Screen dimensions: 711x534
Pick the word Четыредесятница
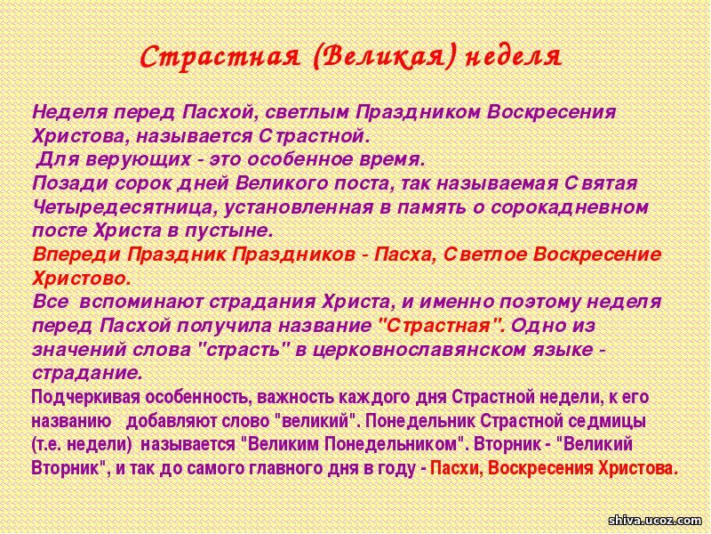(x=123, y=207)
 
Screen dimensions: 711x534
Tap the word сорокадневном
(x=570, y=207)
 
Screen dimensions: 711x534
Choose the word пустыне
(x=229, y=231)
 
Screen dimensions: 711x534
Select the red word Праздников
(x=294, y=255)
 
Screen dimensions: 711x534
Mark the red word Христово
(x=82, y=279)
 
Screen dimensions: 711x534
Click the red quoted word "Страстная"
(x=440, y=326)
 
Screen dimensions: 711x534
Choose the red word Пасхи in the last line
(x=456, y=468)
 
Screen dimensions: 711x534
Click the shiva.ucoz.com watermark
(x=655, y=520)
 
